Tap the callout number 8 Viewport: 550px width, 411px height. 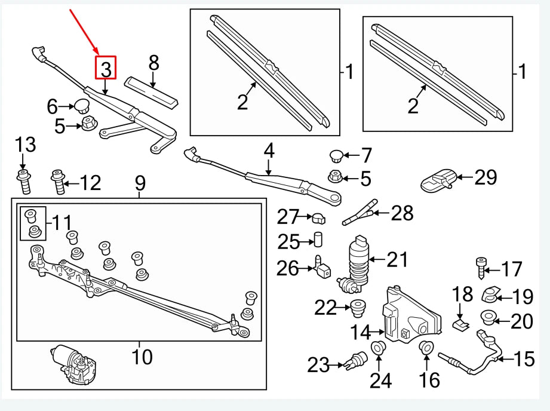tap(153, 62)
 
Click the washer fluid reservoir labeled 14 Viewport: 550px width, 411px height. tap(410, 317)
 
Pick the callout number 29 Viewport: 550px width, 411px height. tap(485, 177)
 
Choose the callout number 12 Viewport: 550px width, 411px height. tap(90, 183)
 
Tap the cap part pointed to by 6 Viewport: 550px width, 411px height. tap(79, 107)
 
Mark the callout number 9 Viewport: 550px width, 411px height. tap(140, 182)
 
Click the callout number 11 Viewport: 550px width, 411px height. tap(61, 223)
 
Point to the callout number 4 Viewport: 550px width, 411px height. tap(269, 151)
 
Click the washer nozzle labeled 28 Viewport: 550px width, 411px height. tap(361, 213)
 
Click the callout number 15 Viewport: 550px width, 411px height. tap(524, 358)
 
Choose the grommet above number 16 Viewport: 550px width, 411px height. tap(426, 348)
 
